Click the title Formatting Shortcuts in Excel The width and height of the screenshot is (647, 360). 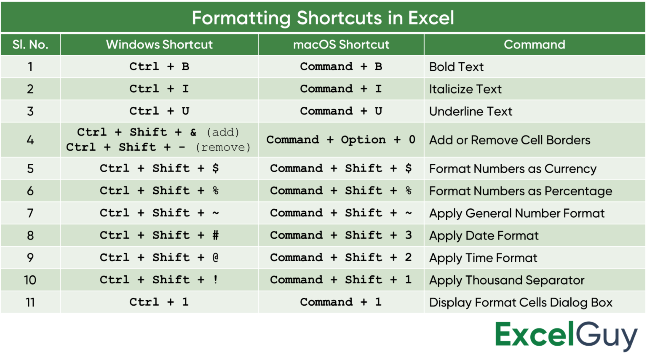pyautogui.click(x=323, y=18)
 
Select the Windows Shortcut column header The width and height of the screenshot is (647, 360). pyautogui.click(x=159, y=45)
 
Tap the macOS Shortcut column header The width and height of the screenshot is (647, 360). pyautogui.click(x=341, y=45)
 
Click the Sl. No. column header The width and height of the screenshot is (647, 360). pyautogui.click(x=30, y=45)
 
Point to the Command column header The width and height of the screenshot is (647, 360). pyautogui.click(x=535, y=45)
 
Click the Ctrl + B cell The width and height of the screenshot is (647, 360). pyautogui.click(x=159, y=67)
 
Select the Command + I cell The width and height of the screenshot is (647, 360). pyautogui.click(x=341, y=89)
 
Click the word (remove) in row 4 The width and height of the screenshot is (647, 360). pyautogui.click(x=223, y=147)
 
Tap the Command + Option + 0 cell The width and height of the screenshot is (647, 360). pyautogui.click(x=341, y=140)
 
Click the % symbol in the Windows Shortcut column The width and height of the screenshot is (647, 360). pyautogui.click(x=216, y=191)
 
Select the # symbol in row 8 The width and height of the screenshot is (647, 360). pyautogui.click(x=216, y=235)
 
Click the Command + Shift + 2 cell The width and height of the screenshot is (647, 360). pyautogui.click(x=341, y=258)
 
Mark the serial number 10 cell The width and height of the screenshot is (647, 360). pyautogui.click(x=30, y=280)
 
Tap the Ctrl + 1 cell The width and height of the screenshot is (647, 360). pyautogui.click(x=159, y=302)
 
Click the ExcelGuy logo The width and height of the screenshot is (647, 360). pyautogui.click(x=567, y=336)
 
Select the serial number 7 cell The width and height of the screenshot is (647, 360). pyautogui.click(x=30, y=213)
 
